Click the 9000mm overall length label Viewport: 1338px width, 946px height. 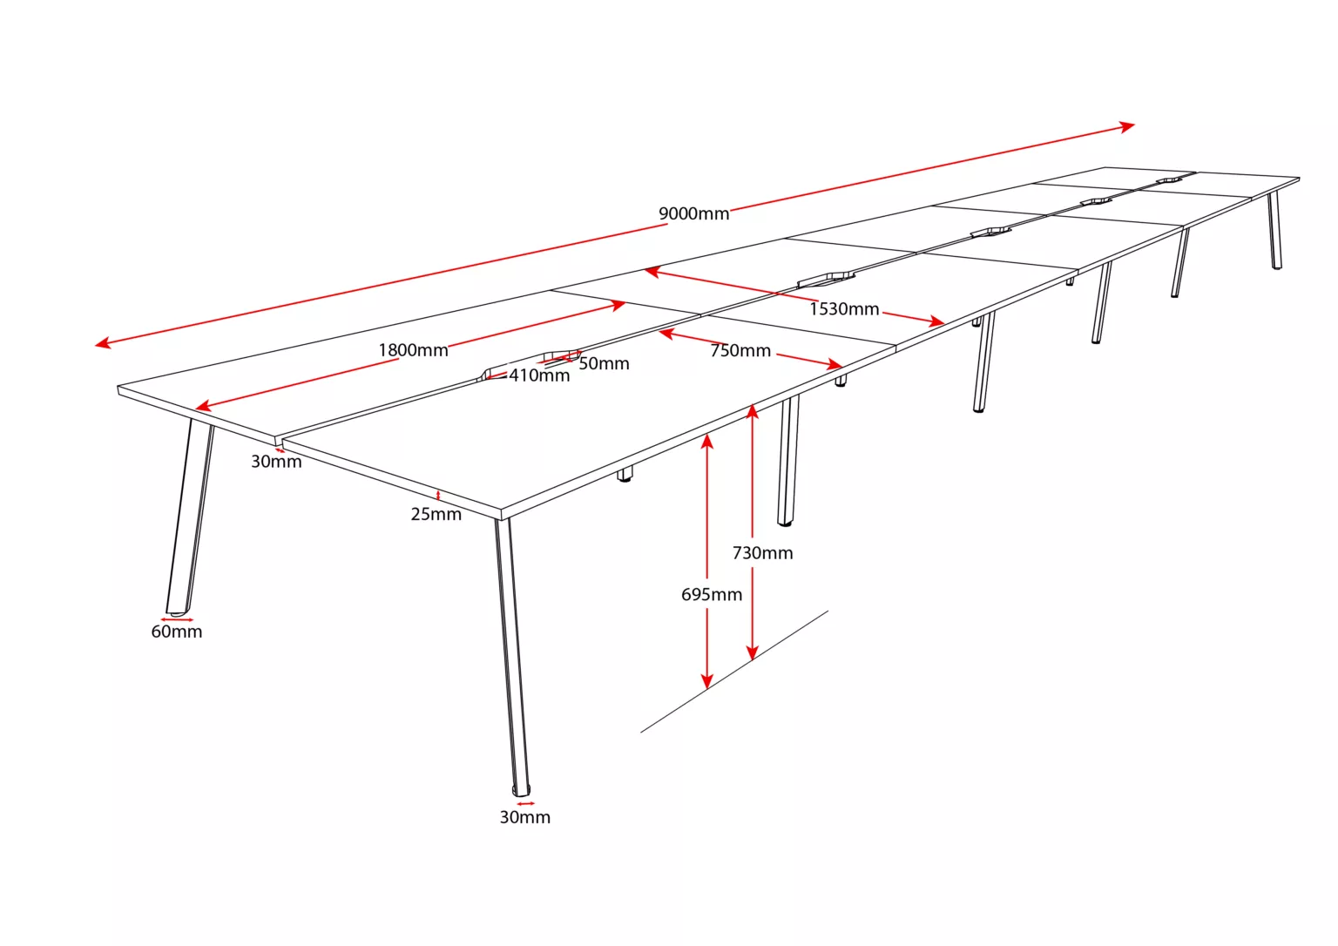(693, 213)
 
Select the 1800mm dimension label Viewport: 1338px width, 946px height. (413, 350)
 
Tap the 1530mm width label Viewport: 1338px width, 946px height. (844, 308)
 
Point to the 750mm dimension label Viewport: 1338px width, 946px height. (740, 350)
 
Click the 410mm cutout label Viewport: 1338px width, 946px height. (539, 375)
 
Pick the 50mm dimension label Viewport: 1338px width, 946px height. (604, 364)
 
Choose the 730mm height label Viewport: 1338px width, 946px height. (763, 553)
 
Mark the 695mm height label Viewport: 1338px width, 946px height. (712, 594)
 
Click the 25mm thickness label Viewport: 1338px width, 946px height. (436, 514)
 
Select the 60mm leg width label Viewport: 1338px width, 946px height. (177, 632)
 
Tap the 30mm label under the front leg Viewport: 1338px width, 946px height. (525, 817)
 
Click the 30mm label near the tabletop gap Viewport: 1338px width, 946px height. (276, 462)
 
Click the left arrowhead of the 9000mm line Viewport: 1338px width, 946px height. (103, 343)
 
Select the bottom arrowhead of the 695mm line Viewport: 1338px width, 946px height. (707, 681)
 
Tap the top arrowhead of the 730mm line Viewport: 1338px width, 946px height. (753, 412)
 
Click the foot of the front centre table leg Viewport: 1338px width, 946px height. (521, 791)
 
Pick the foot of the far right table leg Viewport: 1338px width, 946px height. (1277, 267)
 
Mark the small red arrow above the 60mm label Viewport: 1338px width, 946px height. (178, 620)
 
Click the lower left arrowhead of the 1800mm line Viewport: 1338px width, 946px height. (204, 406)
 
